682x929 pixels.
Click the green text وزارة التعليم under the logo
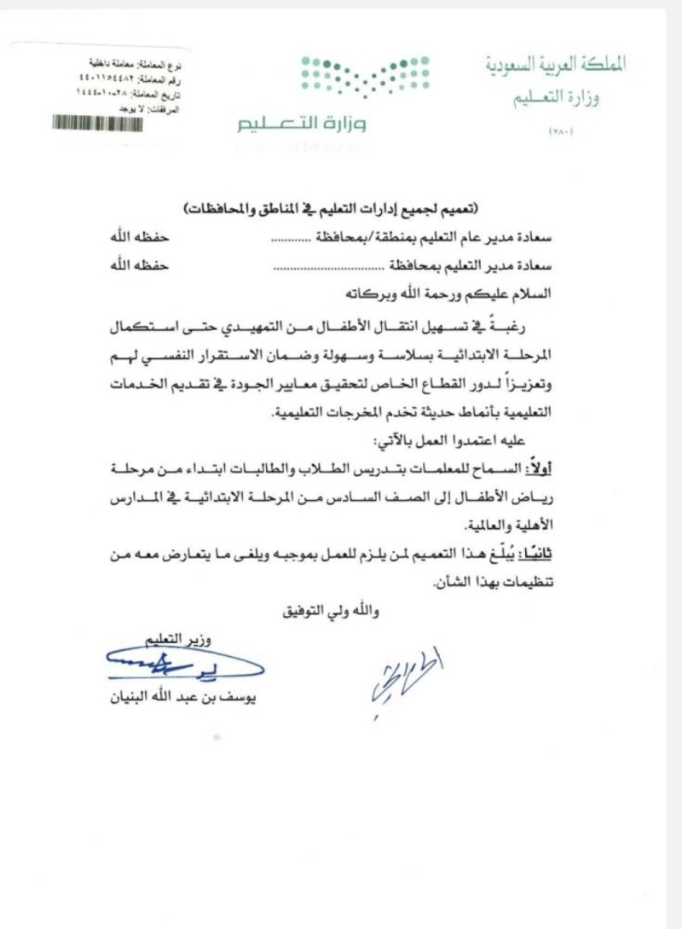click(x=302, y=125)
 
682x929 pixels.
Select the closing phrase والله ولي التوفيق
click(x=329, y=611)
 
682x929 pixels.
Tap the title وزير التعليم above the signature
click(x=180, y=638)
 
